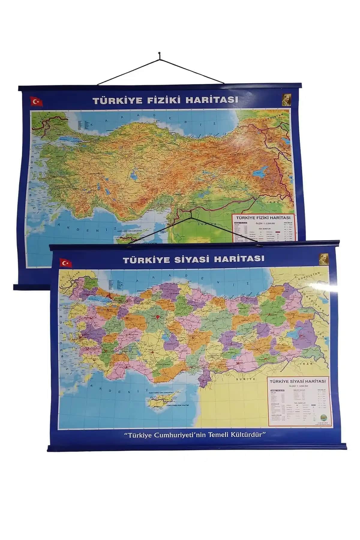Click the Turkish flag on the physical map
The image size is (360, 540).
coord(37,102)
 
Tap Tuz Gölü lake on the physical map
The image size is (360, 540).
coord(132,174)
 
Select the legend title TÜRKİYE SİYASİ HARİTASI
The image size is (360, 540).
coord(298,381)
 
